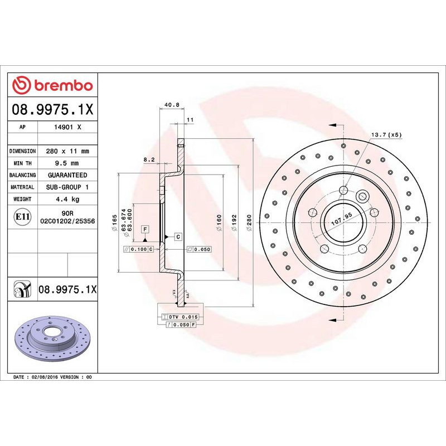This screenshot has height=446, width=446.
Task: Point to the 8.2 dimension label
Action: [x=149, y=159]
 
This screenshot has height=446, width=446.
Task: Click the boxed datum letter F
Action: [x=144, y=230]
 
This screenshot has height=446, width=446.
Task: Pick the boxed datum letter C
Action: [x=178, y=237]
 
